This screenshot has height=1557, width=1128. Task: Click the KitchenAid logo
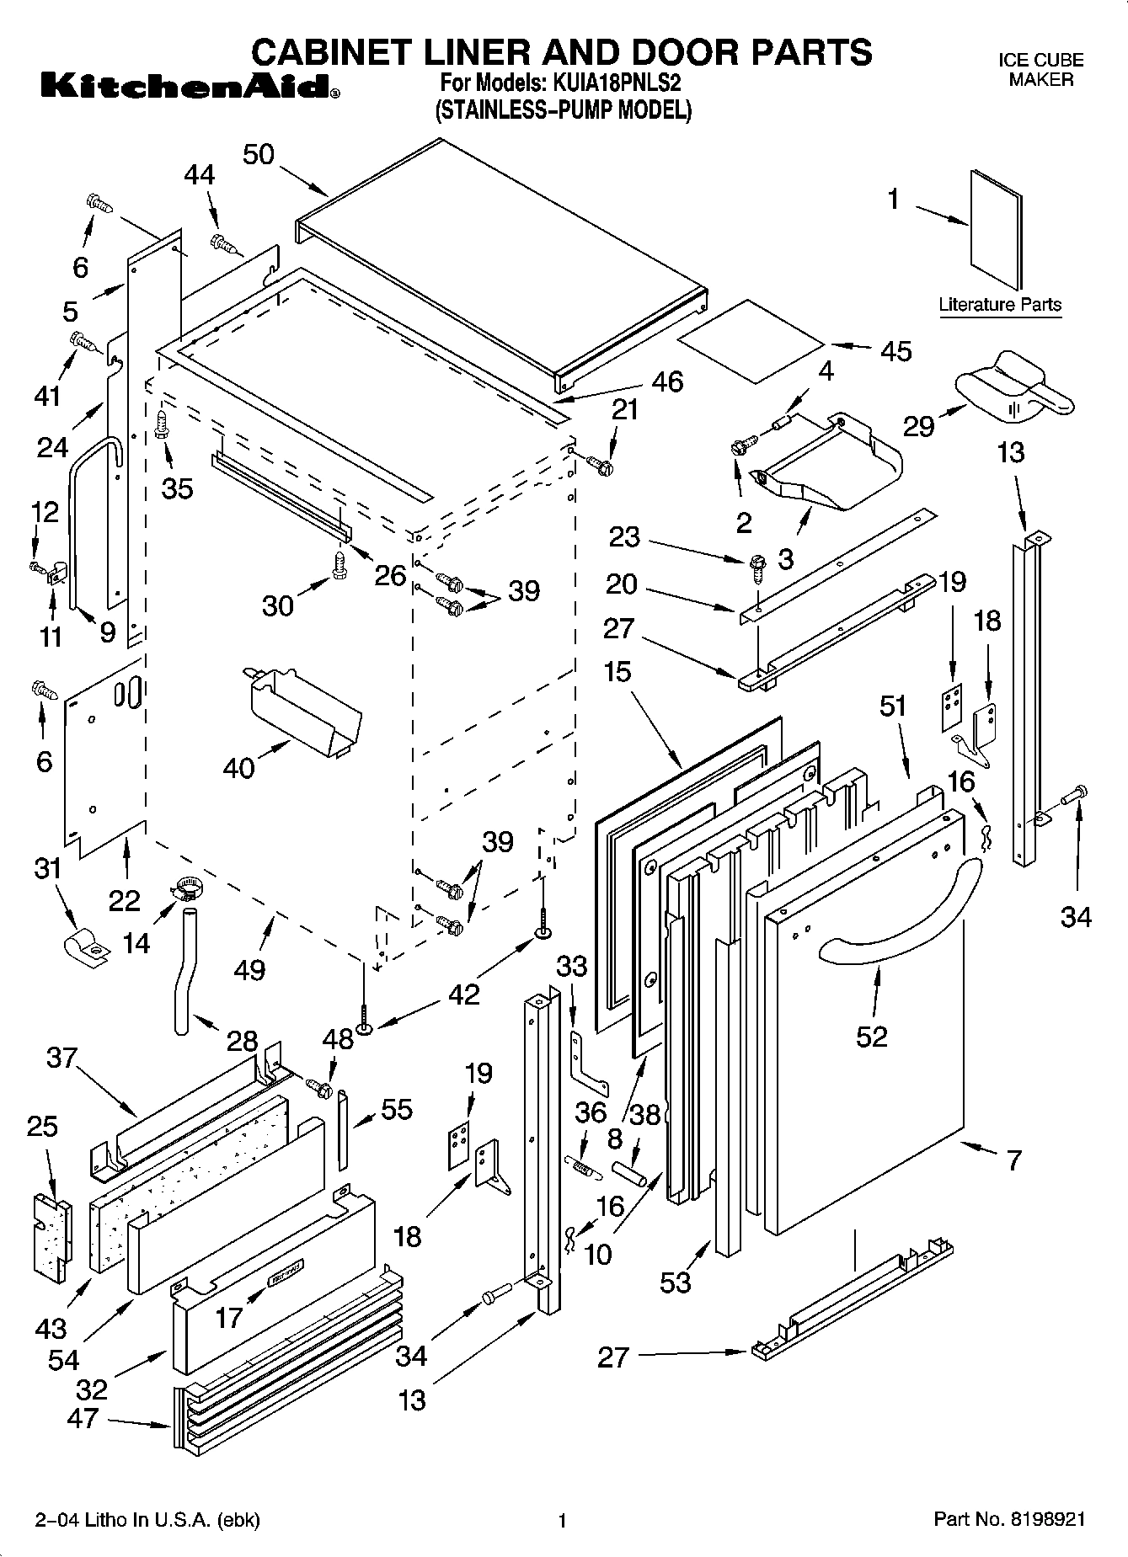pyautogui.click(x=188, y=85)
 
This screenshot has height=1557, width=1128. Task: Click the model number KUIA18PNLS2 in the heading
pyautogui.click(x=617, y=85)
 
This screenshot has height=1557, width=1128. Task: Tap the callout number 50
pyautogui.click(x=259, y=155)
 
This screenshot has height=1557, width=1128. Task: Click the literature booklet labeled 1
pyautogui.click(x=997, y=232)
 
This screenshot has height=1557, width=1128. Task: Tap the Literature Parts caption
pyautogui.click(x=1000, y=305)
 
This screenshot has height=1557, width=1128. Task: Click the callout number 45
pyautogui.click(x=895, y=351)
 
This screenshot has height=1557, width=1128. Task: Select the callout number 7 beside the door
pyautogui.click(x=1013, y=1160)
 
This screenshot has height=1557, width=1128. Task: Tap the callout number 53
pyautogui.click(x=676, y=1282)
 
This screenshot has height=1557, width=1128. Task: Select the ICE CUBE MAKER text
pyautogui.click(x=1040, y=70)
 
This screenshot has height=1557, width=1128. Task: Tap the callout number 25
pyautogui.click(x=42, y=1126)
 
